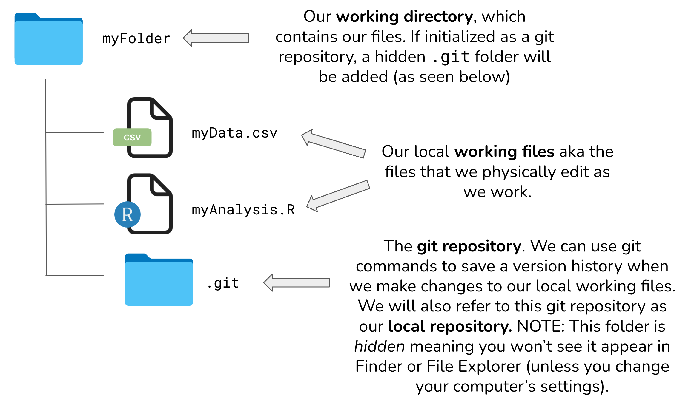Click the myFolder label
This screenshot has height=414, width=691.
pos(136,39)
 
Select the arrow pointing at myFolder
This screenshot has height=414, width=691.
pos(216,38)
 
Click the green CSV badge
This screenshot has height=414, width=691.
pos(132,137)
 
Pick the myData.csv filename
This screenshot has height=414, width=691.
pos(234,133)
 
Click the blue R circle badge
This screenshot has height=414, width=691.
pos(128,214)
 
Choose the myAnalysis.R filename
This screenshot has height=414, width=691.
pos(243,210)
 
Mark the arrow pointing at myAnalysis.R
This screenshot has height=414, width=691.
pos(338,196)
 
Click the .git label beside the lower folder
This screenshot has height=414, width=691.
pos(223,283)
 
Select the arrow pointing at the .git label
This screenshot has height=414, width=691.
pos(297,283)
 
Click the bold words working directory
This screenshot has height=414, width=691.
pos(405,17)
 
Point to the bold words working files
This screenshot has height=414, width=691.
pos(504,152)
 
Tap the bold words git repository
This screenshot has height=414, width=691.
pos(469,246)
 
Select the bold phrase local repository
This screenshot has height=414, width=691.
pos(450,326)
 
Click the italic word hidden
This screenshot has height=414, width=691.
pos(380,347)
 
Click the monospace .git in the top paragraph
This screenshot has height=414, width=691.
pos(451,57)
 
